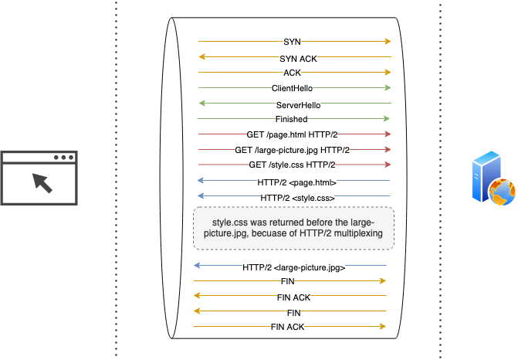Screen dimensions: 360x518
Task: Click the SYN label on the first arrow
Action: tap(293, 42)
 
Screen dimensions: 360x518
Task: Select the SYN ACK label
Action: tap(298, 58)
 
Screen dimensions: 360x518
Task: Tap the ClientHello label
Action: tap(292, 88)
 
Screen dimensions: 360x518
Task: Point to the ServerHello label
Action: tap(298, 104)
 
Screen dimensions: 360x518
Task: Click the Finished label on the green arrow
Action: tap(291, 119)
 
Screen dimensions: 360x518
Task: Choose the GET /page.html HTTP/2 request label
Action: tap(292, 134)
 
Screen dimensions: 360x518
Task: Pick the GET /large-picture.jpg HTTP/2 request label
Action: tap(292, 150)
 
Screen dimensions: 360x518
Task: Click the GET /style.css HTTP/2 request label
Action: tap(292, 165)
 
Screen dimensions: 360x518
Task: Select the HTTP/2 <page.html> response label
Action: tap(296, 182)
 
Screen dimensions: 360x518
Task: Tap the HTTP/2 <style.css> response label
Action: tap(297, 198)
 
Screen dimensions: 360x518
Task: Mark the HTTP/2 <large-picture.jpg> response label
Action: tap(293, 267)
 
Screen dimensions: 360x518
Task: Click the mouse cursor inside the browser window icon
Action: tap(42, 183)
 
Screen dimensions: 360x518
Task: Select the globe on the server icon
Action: tap(501, 191)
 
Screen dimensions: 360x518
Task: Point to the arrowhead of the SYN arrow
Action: tap(388, 42)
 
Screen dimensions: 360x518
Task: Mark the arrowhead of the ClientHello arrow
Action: tap(388, 88)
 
